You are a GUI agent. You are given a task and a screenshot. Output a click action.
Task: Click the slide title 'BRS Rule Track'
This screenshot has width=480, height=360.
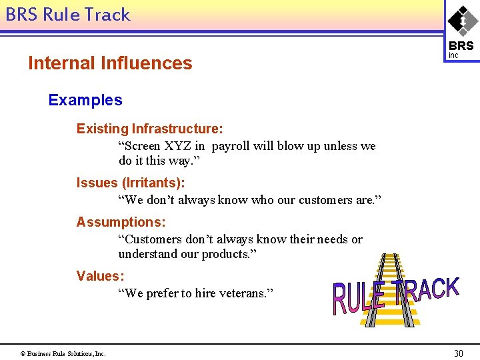coord(67,15)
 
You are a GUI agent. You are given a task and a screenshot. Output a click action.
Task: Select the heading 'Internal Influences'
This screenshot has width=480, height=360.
coord(110,63)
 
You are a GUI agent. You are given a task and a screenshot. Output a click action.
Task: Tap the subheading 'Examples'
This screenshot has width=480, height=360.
coord(85,101)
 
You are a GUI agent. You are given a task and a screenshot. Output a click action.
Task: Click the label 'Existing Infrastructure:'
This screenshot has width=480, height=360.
coord(149,128)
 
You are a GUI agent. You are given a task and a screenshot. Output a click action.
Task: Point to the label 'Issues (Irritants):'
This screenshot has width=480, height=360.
coord(131,182)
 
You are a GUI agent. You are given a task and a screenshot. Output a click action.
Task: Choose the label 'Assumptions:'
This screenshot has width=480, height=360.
coord(121,222)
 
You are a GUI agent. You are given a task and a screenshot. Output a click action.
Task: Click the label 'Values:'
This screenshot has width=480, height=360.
coord(100,276)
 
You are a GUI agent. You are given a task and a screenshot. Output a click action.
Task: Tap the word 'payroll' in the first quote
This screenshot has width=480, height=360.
coord(234,146)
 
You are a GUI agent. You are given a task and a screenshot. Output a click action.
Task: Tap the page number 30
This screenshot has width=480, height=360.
coord(458,353)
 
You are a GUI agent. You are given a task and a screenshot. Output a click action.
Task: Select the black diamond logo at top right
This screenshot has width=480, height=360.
coord(462,21)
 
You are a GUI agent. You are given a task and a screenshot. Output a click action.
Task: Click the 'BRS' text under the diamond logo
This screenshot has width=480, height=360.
coord(461,46)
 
